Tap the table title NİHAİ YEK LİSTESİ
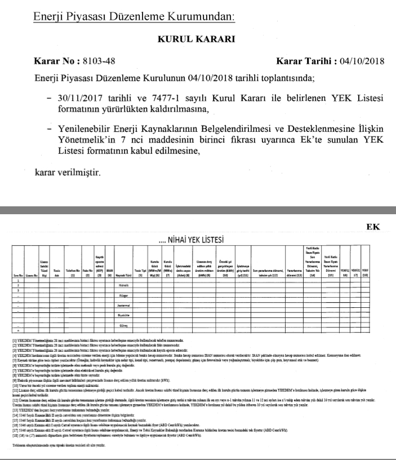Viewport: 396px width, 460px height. [x=193, y=241]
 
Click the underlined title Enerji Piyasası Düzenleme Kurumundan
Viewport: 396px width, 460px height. [x=134, y=17]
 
